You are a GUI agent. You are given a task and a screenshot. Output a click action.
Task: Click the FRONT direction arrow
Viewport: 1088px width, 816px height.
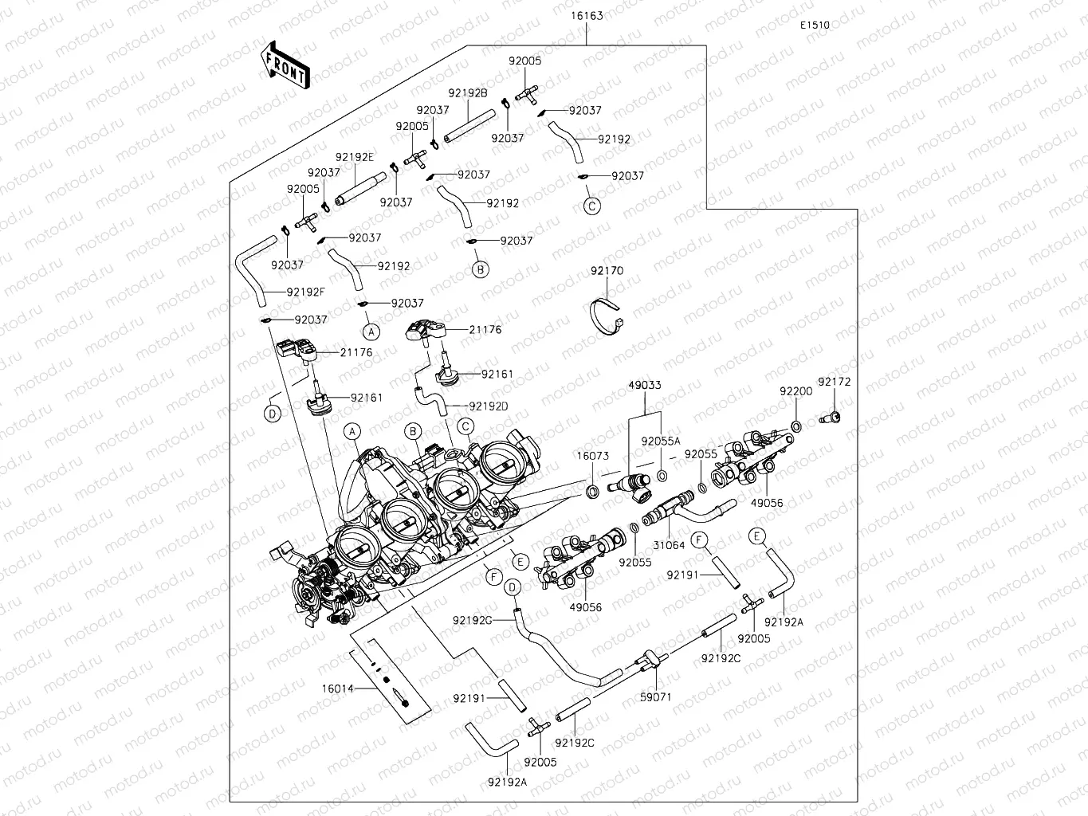point(285,64)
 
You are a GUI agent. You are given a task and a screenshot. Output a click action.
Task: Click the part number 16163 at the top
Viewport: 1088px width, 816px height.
point(587,16)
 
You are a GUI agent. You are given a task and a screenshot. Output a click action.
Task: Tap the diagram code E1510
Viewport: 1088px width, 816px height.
point(815,25)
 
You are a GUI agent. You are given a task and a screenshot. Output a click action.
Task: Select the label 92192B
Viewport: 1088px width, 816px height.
point(468,92)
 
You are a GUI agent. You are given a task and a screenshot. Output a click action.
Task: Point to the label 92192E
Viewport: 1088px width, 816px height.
point(355,157)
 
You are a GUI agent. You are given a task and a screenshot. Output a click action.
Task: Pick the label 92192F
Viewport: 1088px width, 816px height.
point(306,292)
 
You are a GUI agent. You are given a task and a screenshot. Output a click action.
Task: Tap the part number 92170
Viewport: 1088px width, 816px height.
point(607,271)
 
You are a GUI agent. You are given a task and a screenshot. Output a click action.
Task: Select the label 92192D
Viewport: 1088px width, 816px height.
point(489,406)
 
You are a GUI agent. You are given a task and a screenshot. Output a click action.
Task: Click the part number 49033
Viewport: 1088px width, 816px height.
point(645,385)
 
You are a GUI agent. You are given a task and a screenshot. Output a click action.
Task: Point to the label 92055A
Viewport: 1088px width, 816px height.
point(661,441)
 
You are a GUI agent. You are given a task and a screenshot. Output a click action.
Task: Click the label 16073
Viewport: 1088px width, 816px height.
point(593,457)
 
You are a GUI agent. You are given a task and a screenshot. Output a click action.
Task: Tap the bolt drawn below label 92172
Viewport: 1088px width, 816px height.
point(830,416)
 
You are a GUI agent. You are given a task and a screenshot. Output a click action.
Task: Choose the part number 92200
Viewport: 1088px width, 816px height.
point(795,391)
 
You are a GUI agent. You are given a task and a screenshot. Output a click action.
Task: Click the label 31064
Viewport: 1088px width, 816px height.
point(669,546)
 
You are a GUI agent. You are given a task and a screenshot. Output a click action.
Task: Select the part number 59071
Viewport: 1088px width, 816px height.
point(656,696)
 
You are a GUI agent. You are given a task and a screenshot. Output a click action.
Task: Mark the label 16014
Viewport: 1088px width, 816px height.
point(338,688)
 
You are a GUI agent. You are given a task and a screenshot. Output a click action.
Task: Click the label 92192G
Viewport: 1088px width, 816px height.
point(473,620)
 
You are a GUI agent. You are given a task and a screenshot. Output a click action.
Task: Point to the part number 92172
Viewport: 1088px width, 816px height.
point(835,382)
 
